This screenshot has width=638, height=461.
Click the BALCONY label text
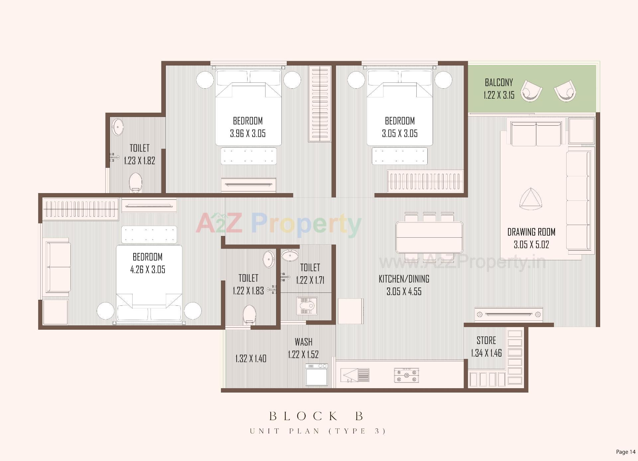point(498,82)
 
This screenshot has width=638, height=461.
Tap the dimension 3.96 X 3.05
point(248,134)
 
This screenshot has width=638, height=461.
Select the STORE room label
point(486,340)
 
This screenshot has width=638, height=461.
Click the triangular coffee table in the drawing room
point(531,199)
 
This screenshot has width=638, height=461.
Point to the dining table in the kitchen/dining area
point(429,237)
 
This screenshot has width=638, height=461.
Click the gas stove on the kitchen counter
point(406,376)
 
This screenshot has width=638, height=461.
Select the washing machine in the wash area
point(317,375)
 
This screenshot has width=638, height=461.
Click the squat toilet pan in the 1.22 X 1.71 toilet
point(307,305)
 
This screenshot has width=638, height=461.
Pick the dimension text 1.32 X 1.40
point(251,359)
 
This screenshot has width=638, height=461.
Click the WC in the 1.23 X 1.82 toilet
point(135,182)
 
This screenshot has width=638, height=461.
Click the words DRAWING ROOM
point(531,232)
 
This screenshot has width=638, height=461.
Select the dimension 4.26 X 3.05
point(148,270)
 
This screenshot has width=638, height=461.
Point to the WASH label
point(303,342)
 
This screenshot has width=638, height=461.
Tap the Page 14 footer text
point(625,452)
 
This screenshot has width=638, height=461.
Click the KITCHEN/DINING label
point(404,279)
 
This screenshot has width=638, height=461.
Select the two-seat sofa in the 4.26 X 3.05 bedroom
point(58,267)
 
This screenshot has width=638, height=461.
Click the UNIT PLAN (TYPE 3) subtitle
point(318,431)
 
